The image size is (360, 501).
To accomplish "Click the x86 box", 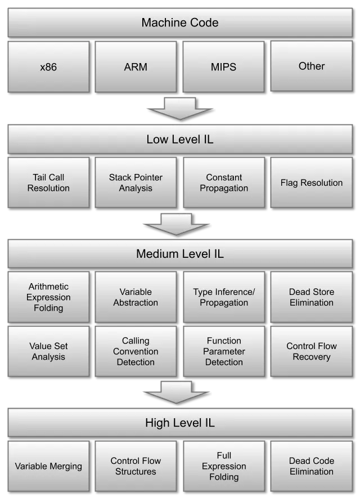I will click(48, 67).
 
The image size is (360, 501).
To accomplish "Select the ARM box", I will click(136, 67).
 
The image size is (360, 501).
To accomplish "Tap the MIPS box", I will click(223, 67).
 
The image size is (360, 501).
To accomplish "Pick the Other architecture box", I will click(312, 66).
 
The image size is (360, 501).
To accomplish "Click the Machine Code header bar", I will click(180, 23).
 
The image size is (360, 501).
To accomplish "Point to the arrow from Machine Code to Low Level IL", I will click(179, 109).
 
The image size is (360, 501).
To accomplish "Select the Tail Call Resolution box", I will click(48, 182).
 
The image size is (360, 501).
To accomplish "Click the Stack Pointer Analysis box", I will click(136, 182).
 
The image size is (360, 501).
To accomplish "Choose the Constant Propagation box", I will click(223, 182).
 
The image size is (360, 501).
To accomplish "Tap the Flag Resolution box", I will click(312, 182).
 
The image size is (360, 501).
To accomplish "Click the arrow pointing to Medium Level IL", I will click(176, 224).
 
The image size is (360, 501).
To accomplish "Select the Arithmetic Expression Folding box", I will click(48, 297).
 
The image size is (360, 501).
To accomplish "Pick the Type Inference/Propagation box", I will click(223, 297).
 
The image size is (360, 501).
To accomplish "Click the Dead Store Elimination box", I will click(312, 297).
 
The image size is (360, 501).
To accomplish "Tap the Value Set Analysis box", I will click(48, 351).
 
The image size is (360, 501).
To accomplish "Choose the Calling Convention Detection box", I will click(136, 351).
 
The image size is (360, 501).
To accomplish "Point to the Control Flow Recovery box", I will click(312, 351).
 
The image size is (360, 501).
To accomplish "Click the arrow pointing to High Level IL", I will click(176, 392).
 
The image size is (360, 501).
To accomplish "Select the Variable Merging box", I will click(48, 466).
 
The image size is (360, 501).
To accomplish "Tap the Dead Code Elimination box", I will click(312, 466).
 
